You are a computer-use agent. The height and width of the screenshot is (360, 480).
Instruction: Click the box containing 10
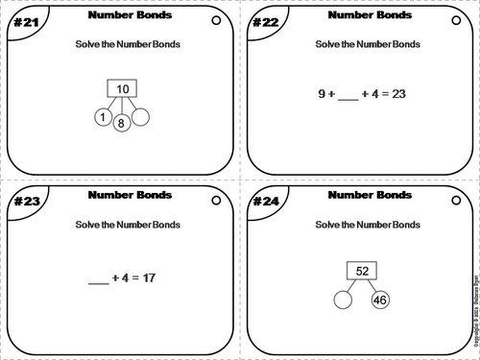click(x=122, y=89)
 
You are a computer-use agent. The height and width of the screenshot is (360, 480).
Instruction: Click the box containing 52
click(x=362, y=269)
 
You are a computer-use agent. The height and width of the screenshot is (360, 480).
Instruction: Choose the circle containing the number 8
click(x=122, y=123)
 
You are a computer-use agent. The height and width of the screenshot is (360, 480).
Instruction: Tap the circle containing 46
click(x=379, y=302)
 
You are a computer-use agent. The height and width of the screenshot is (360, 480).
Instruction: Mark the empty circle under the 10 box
click(x=141, y=117)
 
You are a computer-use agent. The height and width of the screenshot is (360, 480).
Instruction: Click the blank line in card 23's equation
click(x=99, y=281)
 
